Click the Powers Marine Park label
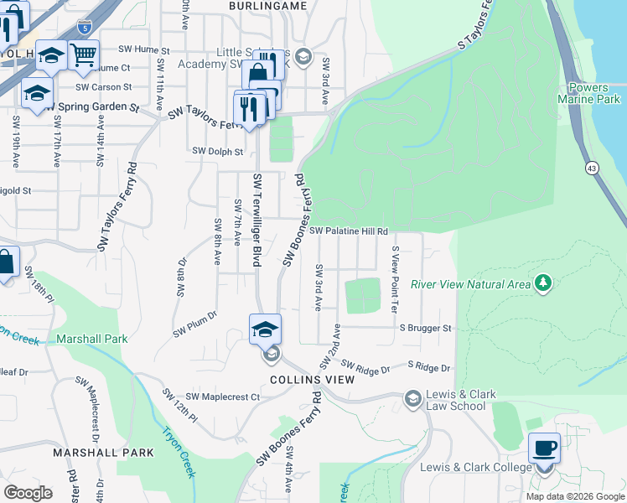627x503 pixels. click(x=592, y=93)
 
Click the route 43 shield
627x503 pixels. click(x=592, y=168)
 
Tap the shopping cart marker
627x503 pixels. click(x=83, y=56)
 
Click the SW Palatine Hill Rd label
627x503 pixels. click(x=348, y=231)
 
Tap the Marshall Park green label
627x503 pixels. click(x=91, y=339)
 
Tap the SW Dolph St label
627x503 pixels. click(x=217, y=152)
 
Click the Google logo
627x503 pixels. click(x=28, y=493)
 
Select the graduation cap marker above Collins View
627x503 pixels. click(x=265, y=329)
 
